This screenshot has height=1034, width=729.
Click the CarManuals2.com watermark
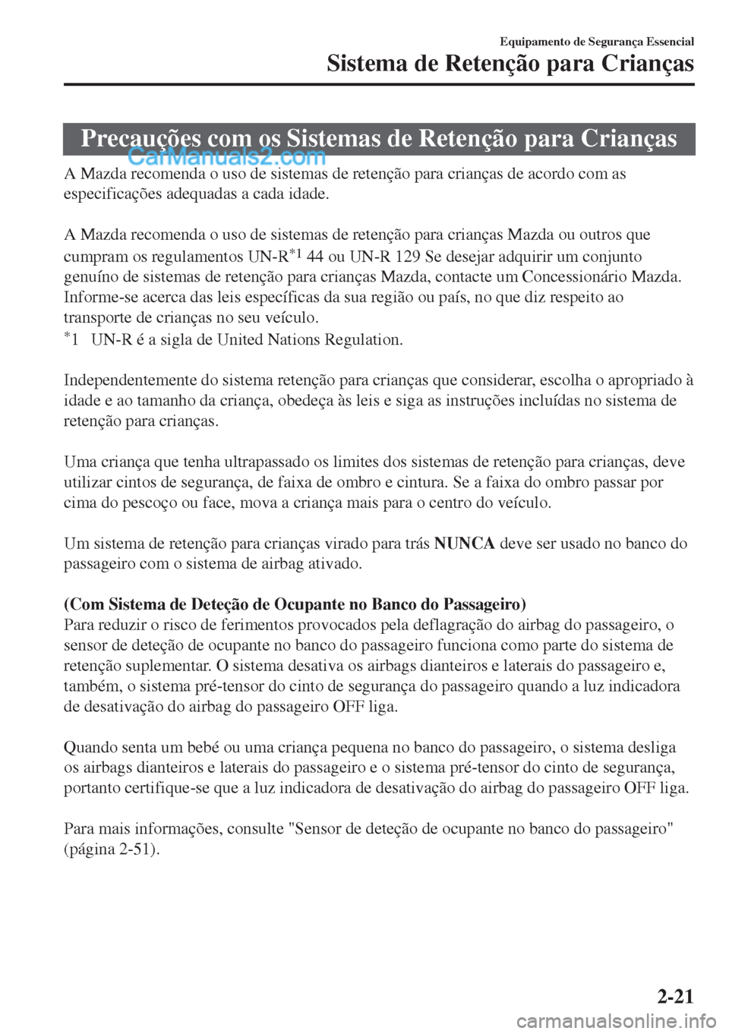tap(226, 158)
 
